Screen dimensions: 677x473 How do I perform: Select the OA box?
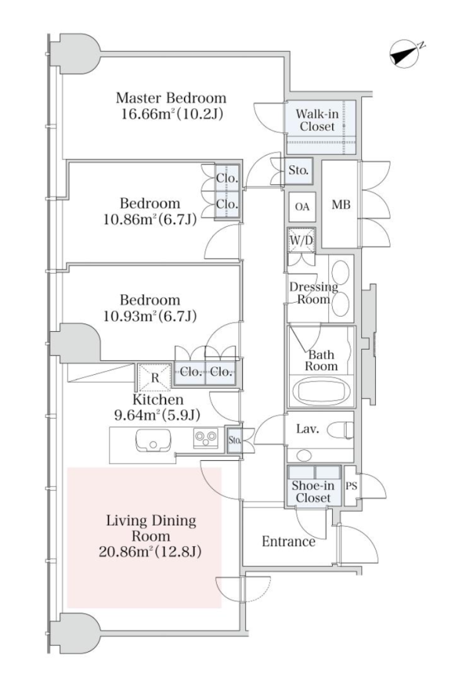[302, 206]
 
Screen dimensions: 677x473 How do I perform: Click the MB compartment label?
[340, 205]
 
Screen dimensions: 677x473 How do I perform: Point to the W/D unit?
[300, 241]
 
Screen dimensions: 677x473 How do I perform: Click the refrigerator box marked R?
[154, 378]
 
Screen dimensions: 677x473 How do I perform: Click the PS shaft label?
[351, 485]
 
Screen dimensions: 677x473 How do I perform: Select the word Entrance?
[288, 542]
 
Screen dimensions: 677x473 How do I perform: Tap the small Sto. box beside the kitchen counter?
[234, 439]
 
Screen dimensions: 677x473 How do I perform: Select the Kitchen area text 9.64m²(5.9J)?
[157, 415]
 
